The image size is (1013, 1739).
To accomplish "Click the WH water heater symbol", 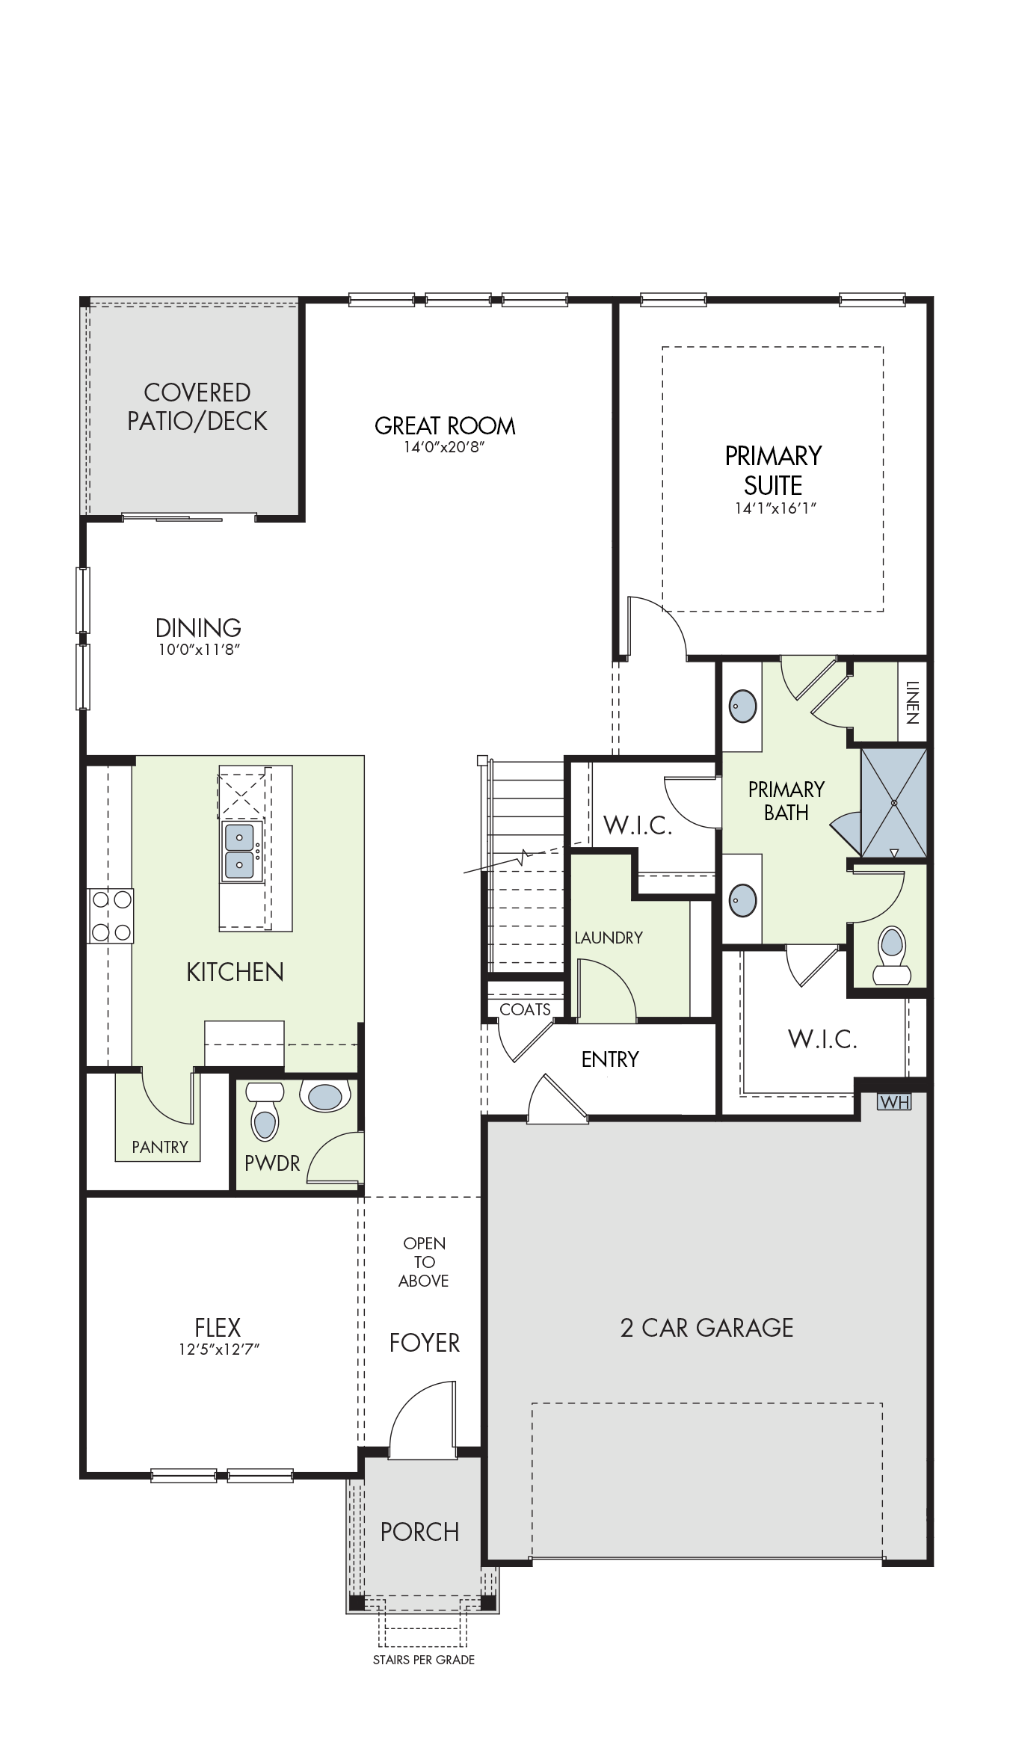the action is pyautogui.click(x=894, y=1102).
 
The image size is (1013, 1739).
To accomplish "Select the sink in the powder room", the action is pyautogui.click(x=325, y=1095).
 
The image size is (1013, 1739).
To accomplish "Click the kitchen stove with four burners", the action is pyautogui.click(x=111, y=916).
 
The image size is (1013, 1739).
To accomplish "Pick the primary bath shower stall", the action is pyautogui.click(x=894, y=802).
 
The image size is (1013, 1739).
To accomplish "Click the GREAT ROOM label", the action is pyautogui.click(x=445, y=426).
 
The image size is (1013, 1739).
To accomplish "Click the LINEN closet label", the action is pyautogui.click(x=912, y=703).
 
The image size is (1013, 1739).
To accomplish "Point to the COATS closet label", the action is pyautogui.click(x=525, y=1009).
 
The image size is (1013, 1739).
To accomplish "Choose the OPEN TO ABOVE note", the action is pyautogui.click(x=424, y=1262).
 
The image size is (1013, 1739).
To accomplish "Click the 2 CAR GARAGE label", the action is pyautogui.click(x=706, y=1328).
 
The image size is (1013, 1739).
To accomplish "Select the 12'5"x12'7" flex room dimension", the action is pyautogui.click(x=218, y=1349).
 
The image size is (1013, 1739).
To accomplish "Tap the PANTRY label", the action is pyautogui.click(x=160, y=1147).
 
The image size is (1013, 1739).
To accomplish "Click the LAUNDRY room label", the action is pyautogui.click(x=609, y=938).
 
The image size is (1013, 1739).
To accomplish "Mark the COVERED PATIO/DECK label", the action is pyautogui.click(x=197, y=407).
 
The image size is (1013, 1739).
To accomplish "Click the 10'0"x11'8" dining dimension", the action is pyautogui.click(x=198, y=650).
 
